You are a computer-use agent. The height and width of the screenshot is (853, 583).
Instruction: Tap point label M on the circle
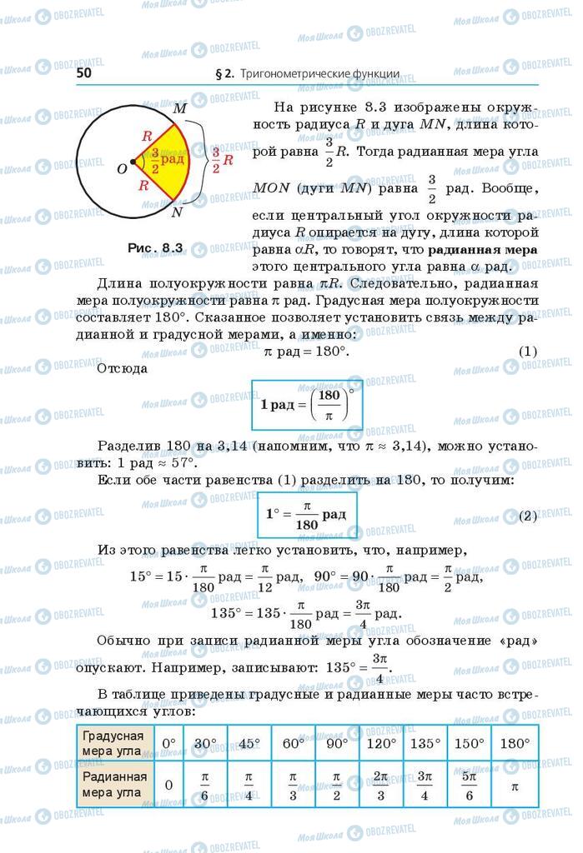pyautogui.click(x=178, y=108)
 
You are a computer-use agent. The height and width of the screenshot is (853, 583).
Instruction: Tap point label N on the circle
pyautogui.click(x=177, y=212)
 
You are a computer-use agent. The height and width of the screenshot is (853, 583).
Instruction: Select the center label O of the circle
pyautogui.click(x=122, y=168)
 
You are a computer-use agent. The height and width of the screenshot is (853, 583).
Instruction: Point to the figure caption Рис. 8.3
pyautogui.click(x=155, y=247)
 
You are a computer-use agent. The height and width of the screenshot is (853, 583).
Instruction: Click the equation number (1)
pyautogui.click(x=527, y=352)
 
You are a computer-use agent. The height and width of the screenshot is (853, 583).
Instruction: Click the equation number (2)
pyautogui.click(x=527, y=516)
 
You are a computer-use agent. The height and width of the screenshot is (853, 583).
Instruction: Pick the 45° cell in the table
pyautogui.click(x=248, y=742)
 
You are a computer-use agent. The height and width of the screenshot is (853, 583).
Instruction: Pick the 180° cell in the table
pyautogui.click(x=515, y=742)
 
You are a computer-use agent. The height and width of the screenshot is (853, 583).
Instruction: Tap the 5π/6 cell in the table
pyautogui.click(x=470, y=784)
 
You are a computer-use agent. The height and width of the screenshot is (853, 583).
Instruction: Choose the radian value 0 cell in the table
pyautogui.click(x=169, y=784)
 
